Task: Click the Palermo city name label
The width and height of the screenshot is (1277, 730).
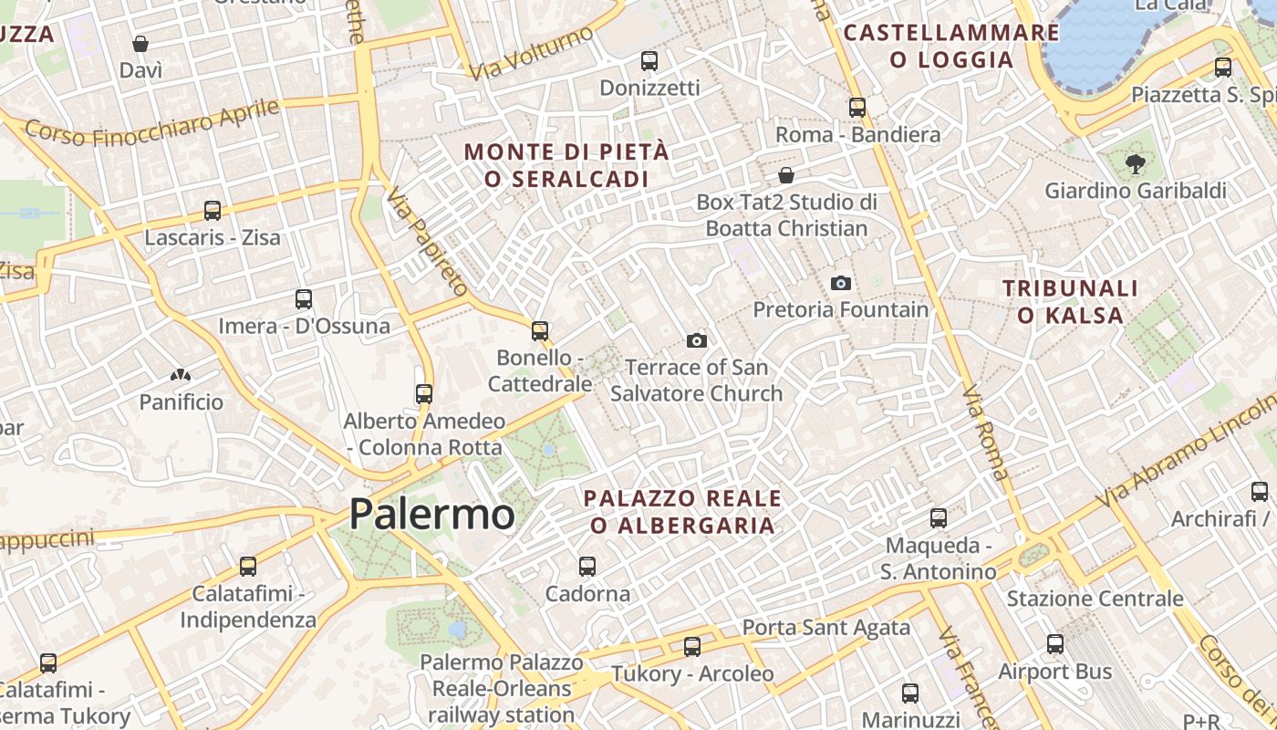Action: coord(431,515)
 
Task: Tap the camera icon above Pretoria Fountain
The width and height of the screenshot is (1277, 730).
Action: coord(841,283)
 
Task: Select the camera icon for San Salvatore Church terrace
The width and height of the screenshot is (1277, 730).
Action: coord(697,340)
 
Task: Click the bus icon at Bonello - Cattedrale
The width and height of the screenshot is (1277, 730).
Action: coord(540,330)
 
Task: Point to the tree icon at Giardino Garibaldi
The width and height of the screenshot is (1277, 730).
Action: coord(1135,164)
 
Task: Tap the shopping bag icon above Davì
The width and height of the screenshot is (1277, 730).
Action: coord(140,43)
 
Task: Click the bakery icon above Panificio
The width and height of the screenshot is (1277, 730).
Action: coord(181,374)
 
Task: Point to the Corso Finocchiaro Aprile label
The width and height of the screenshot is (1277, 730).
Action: coord(152,122)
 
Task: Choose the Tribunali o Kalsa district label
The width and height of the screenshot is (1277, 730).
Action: coord(1071,302)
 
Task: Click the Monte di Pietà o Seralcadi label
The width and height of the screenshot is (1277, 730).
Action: coord(566,165)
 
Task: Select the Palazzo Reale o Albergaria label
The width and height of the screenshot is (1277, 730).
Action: coord(682,512)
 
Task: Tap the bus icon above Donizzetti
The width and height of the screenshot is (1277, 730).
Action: coord(649,61)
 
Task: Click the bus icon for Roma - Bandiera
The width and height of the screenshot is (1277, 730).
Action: coord(857,107)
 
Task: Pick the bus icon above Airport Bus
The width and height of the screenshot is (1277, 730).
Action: coord(1055,644)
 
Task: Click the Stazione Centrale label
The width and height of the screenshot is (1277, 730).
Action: coord(1095,599)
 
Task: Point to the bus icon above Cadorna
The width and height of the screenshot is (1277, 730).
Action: coord(587,567)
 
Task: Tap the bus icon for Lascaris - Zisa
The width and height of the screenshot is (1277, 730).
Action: coord(213,211)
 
